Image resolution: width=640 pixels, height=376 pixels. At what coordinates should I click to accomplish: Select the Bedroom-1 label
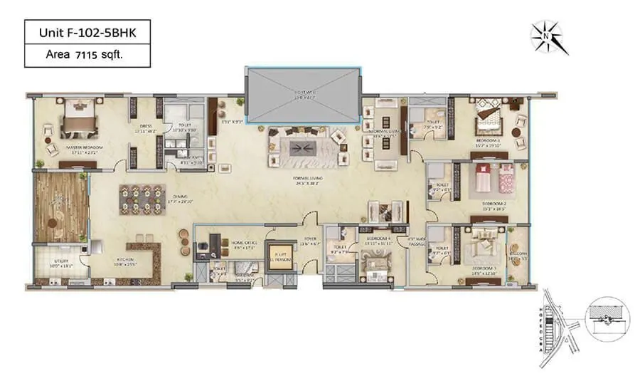(490, 142)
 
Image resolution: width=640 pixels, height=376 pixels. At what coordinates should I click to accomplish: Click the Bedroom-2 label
(487, 208)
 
